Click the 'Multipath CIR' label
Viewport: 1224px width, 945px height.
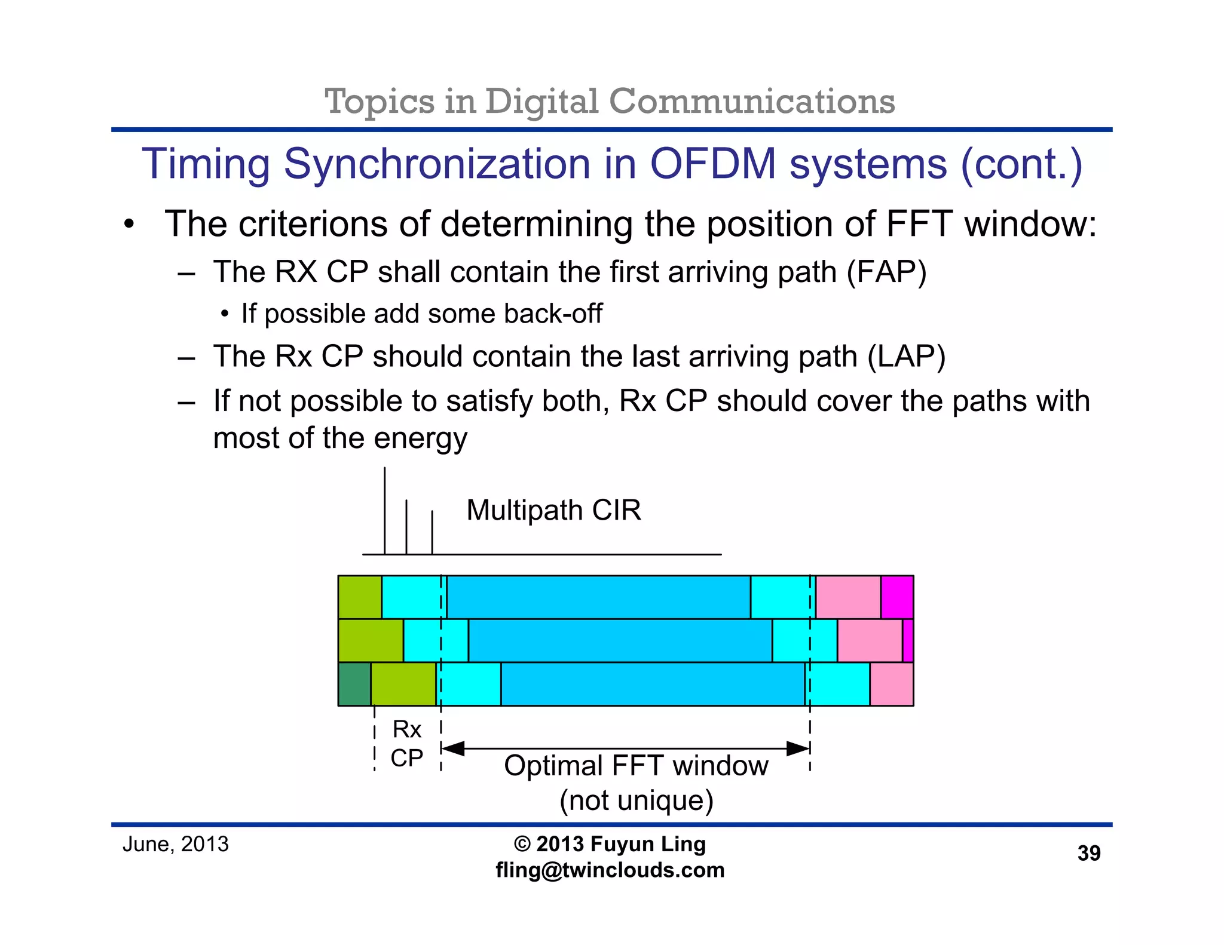pyautogui.click(x=553, y=510)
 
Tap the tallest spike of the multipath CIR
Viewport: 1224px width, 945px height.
pyautogui.click(x=385, y=511)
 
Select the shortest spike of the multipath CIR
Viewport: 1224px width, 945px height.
pyautogui.click(x=432, y=532)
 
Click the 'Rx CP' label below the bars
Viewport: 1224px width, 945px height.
pyautogui.click(x=407, y=744)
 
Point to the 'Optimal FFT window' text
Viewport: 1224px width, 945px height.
pyautogui.click(x=636, y=766)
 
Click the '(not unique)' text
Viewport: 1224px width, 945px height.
pyautogui.click(x=637, y=800)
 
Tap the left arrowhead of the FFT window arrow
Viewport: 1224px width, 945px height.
pyautogui.click(x=453, y=748)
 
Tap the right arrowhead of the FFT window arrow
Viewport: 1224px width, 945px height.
pyautogui.click(x=798, y=748)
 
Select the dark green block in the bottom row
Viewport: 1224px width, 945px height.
pyautogui.click(x=354, y=684)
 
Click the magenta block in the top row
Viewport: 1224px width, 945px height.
pyautogui.click(x=896, y=597)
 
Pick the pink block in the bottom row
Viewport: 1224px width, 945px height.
pyautogui.click(x=891, y=684)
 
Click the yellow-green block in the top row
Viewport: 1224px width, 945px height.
pyautogui.click(x=360, y=597)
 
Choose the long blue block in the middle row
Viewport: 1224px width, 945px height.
pyautogui.click(x=620, y=640)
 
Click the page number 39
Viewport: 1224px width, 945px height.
pyautogui.click(x=1088, y=853)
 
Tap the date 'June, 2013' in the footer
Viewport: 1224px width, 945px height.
pyautogui.click(x=175, y=844)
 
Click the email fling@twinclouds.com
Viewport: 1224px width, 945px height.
pyautogui.click(x=610, y=870)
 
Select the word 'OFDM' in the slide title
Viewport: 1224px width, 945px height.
pyautogui.click(x=712, y=164)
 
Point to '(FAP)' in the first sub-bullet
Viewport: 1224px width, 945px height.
pyautogui.click(x=886, y=272)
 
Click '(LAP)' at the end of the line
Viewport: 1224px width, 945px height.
pyautogui.click(x=906, y=357)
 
